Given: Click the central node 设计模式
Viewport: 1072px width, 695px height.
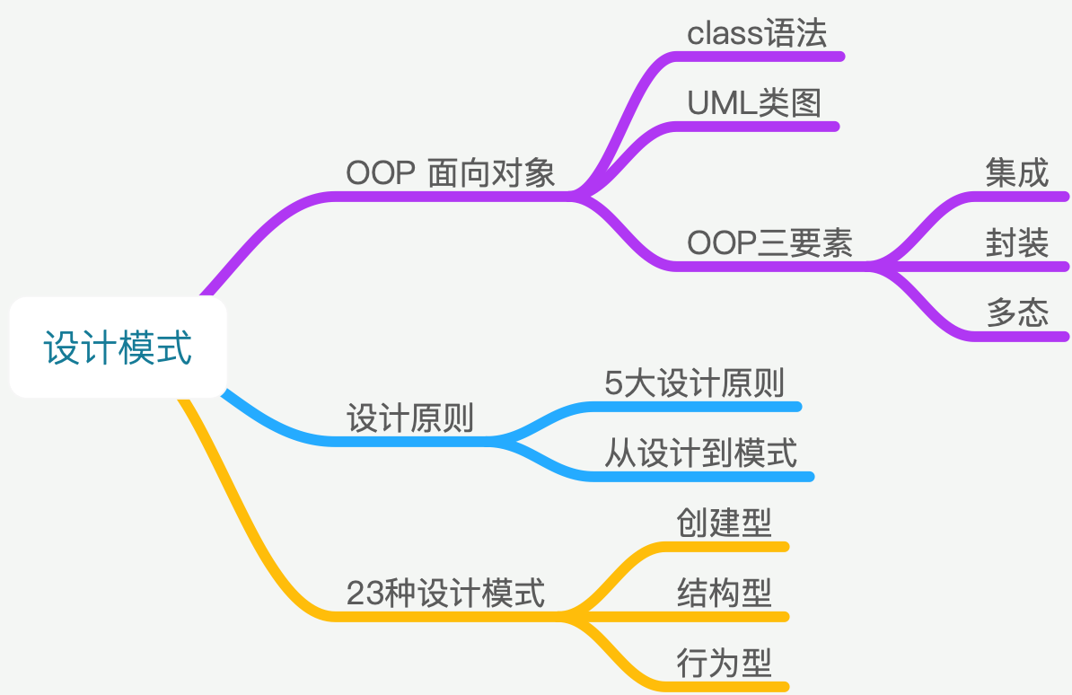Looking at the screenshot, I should coord(118,347).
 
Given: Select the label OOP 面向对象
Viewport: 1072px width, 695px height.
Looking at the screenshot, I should coord(451,172).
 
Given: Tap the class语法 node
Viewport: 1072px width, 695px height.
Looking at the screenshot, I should coord(756,34).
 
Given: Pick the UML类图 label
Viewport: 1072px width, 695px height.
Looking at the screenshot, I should coord(754,104).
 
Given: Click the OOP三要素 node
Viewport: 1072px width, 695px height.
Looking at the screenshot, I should coord(769,243).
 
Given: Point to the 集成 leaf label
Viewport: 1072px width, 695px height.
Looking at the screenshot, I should coord(1016,173).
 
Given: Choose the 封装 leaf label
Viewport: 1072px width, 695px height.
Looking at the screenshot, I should coord(1016,243).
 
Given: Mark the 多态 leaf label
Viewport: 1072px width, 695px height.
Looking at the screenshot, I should coord(1016,312).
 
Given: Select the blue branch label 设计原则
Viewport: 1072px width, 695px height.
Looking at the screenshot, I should coord(410,418).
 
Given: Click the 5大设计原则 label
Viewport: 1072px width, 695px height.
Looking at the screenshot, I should coord(695,383).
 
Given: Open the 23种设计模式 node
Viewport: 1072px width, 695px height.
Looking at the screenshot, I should coord(445,594).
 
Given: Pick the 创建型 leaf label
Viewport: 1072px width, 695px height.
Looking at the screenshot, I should coord(724,523).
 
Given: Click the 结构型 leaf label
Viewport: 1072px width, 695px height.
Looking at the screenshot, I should coord(724,593).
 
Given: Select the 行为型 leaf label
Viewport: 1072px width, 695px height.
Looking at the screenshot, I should coord(724,664).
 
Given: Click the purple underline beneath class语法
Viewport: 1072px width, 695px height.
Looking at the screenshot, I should coord(763,57).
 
